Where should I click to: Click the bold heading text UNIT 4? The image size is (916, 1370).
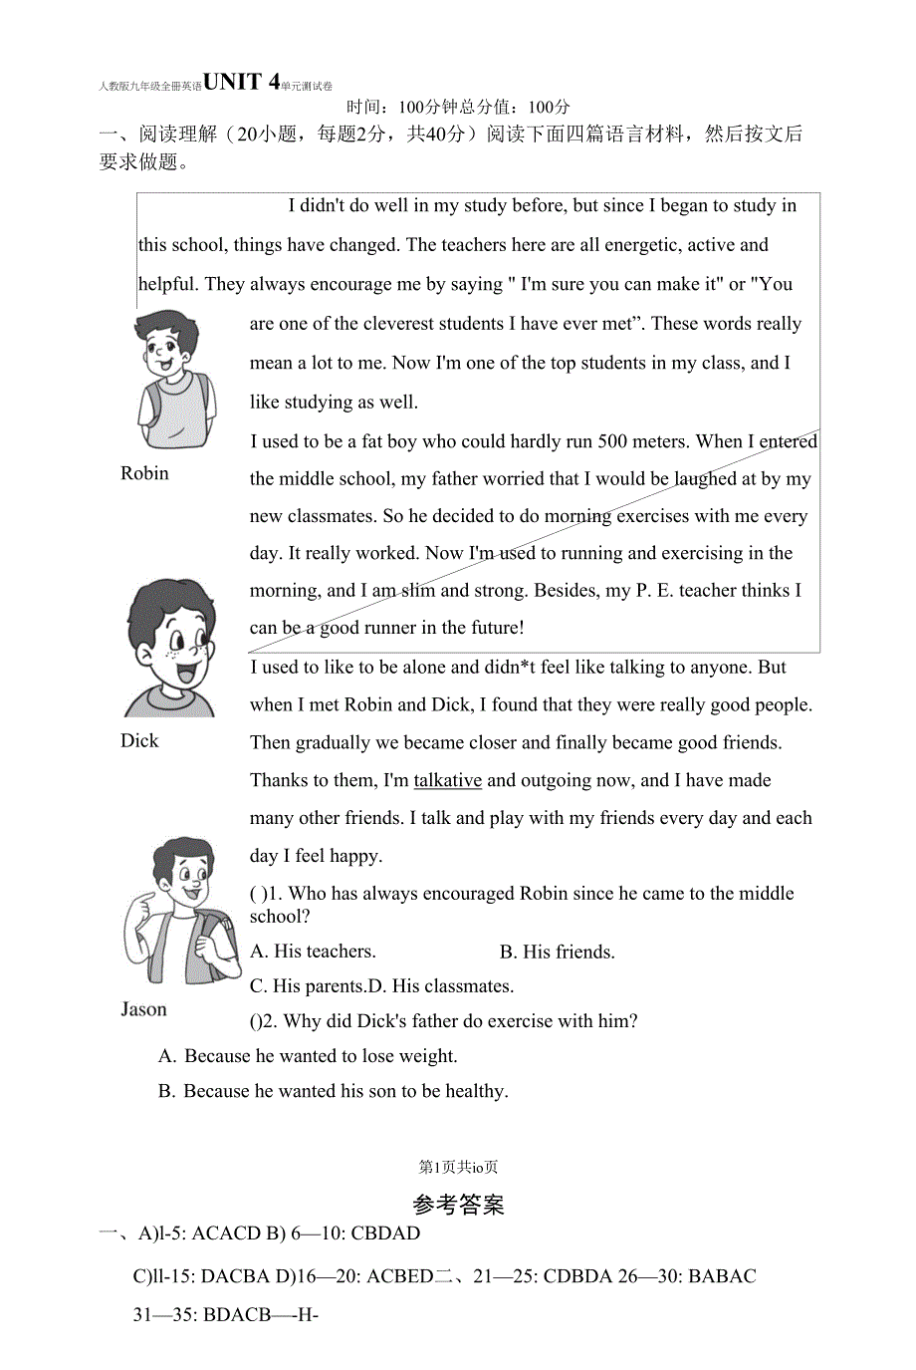click(241, 82)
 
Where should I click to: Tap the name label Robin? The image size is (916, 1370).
click(144, 473)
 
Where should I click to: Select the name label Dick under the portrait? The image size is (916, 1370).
click(139, 740)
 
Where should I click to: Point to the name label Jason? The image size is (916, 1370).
click(143, 1009)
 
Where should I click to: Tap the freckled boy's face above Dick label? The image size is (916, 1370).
click(171, 648)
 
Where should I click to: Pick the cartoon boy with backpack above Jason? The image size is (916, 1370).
click(181, 912)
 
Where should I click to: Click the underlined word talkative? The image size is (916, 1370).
click(447, 780)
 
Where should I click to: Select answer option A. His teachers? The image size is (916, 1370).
click(313, 952)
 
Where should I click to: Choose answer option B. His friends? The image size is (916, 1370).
click(557, 952)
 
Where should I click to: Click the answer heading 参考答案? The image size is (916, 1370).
click(458, 1205)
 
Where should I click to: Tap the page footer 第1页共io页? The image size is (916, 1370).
click(458, 1167)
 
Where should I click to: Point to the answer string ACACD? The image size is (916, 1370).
click(226, 1233)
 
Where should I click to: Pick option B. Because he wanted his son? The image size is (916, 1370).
click(333, 1091)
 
